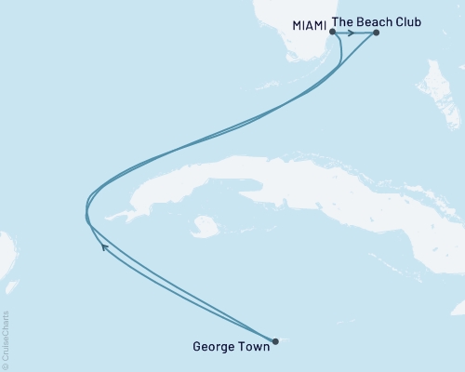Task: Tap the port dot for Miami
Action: tap(332, 33)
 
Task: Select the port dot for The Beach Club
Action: tap(376, 33)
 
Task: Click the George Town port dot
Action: tap(275, 340)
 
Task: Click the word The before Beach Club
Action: tap(344, 17)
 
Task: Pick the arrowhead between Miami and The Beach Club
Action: tap(351, 33)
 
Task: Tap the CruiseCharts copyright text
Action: tap(6, 340)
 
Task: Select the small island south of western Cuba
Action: tap(206, 226)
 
